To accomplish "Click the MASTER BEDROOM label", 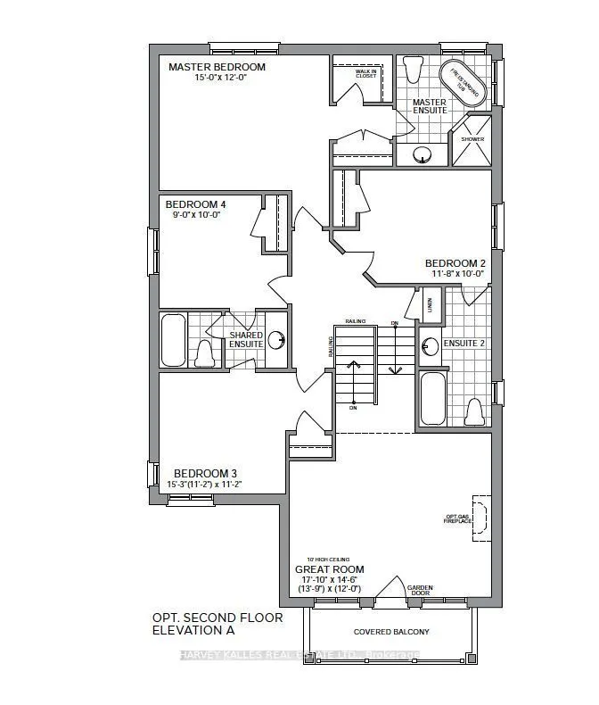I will [217, 67].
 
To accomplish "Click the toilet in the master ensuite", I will [412, 70].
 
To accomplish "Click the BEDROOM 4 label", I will [194, 203].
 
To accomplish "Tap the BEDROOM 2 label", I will [455, 263].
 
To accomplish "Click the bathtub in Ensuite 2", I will [432, 398].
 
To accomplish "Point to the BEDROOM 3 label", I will [204, 473].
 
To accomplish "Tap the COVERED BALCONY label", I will [391, 632].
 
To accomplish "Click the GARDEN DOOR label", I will [419, 590].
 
